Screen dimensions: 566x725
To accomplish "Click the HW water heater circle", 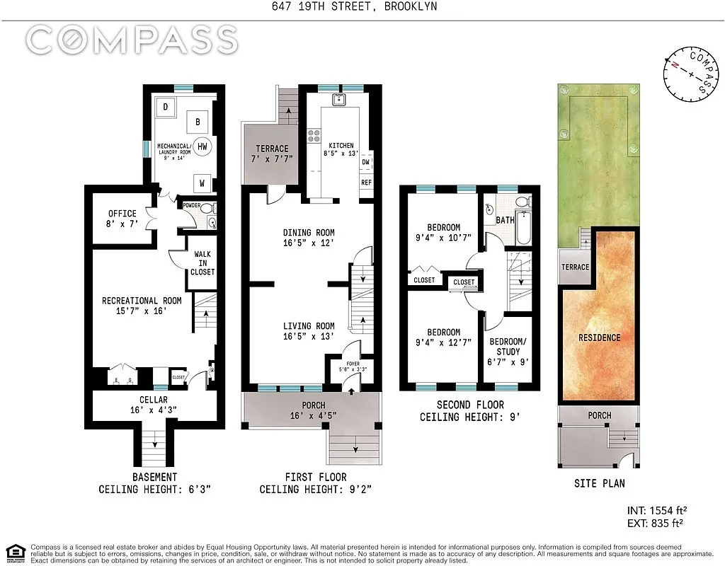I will tap(202, 146).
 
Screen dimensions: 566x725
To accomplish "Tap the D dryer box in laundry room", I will tap(165, 107).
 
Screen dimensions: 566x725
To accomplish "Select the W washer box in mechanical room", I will tap(202, 183).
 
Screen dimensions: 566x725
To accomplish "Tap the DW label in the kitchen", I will tap(366, 162).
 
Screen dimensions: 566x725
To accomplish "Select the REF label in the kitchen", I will tap(366, 182).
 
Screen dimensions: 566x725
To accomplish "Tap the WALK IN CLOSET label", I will tap(202, 262).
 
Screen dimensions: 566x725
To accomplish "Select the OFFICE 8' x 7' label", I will tap(122, 219).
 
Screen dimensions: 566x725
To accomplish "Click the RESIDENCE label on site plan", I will tap(599, 337).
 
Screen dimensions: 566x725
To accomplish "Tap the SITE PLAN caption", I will tap(599, 484).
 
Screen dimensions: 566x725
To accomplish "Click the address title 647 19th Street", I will tap(362, 7).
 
